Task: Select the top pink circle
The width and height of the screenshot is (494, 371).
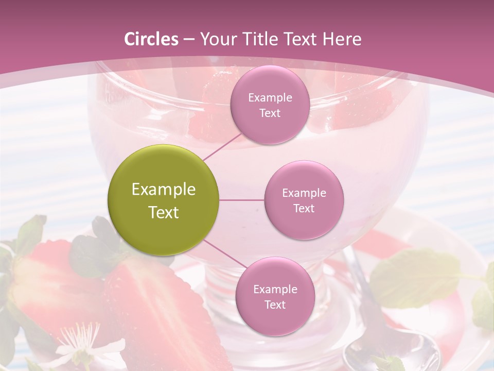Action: (270, 105)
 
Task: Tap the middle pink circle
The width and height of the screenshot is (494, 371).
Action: (304, 200)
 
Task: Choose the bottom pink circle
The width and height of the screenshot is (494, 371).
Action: (275, 296)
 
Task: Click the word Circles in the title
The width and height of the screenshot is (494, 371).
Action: (151, 39)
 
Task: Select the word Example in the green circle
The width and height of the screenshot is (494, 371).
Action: (164, 190)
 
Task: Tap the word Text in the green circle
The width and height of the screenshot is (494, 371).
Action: (164, 212)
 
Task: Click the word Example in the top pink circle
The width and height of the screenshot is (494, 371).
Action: (270, 98)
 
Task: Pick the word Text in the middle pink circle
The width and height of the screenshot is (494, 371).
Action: (304, 209)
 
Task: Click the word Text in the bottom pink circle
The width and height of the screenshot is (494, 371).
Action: (275, 305)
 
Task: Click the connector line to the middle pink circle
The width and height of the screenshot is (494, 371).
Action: (241, 200)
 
